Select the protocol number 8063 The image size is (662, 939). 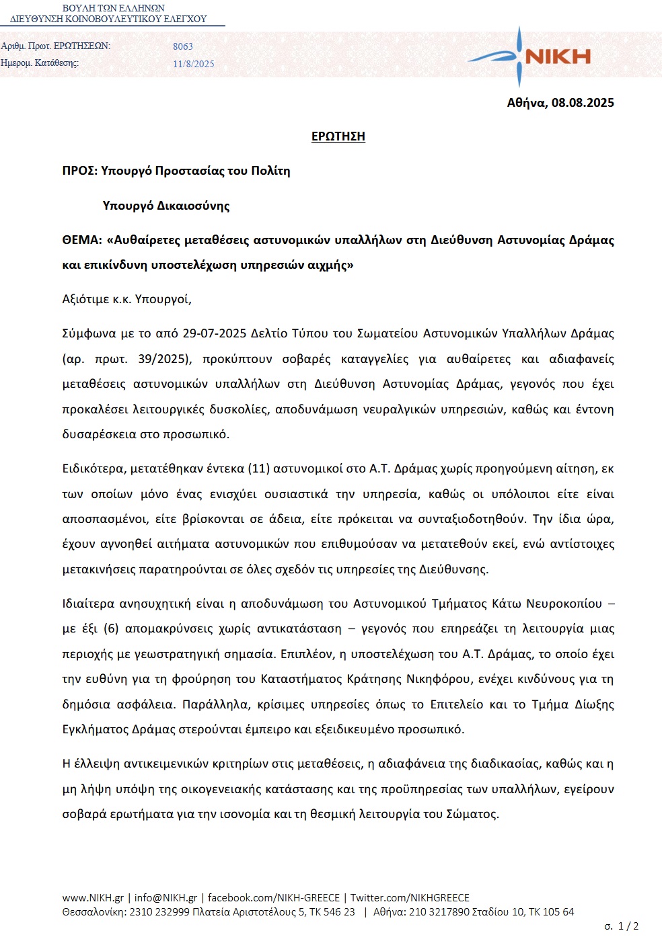183,46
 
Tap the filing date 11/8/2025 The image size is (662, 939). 194,64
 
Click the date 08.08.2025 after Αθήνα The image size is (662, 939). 583,103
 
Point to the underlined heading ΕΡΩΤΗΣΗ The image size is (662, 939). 338,136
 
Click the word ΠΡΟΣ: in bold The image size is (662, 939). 79,171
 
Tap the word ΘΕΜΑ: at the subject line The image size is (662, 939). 82,240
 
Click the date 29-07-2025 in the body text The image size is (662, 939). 214,333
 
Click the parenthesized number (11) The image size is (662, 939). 259,468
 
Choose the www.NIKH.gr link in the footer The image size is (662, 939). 93,898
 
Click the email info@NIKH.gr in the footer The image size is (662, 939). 165,898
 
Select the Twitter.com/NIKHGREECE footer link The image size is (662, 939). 410,898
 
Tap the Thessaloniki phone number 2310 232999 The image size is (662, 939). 159,912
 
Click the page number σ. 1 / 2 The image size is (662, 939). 621,926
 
